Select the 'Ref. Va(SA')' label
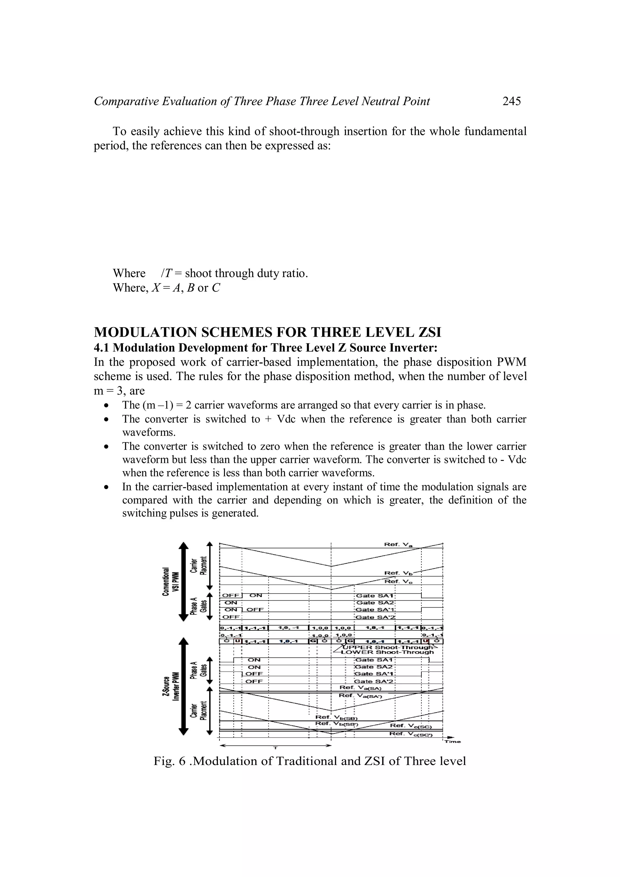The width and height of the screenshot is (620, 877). (x=358, y=696)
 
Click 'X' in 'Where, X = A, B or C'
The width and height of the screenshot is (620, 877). (x=156, y=287)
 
